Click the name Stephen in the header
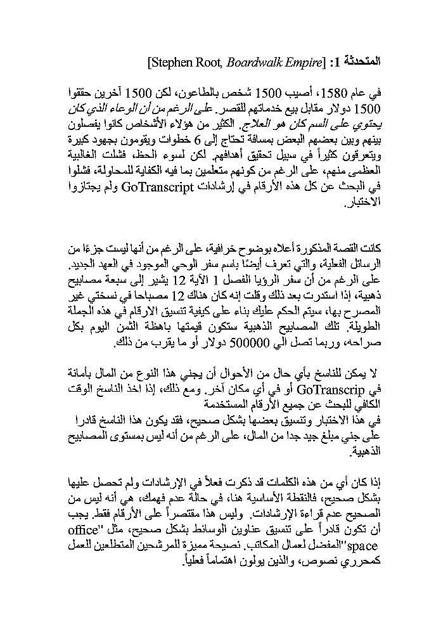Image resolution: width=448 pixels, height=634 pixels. pos(167,62)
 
